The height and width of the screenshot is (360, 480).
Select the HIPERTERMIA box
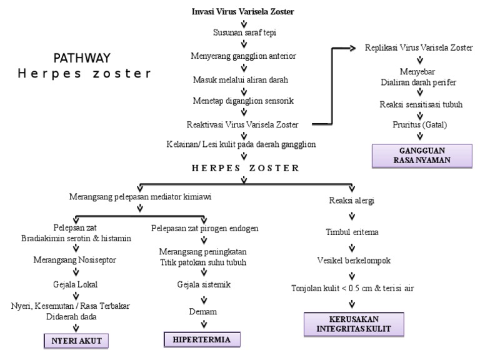click(201, 339)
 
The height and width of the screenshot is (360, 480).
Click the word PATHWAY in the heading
click(82, 57)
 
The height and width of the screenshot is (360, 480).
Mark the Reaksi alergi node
click(352, 201)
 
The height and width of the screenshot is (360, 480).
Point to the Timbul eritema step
click(352, 232)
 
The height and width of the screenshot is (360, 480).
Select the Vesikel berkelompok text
click(352, 261)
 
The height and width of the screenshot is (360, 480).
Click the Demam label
click(201, 311)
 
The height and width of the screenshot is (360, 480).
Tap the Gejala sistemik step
click(201, 285)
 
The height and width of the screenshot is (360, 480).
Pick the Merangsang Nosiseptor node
click(75, 258)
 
